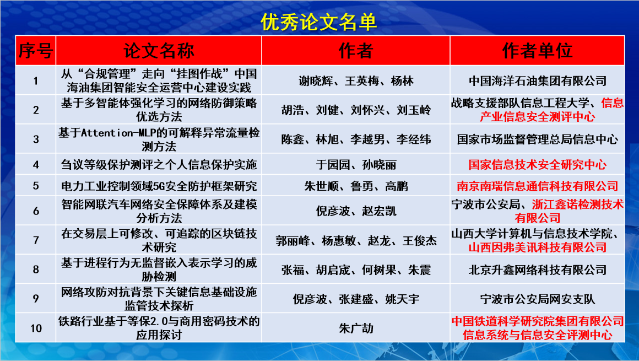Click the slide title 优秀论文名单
point(319,22)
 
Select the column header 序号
point(35,51)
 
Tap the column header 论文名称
point(159,51)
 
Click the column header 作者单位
point(537,51)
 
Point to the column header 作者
point(356,51)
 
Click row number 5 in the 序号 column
point(36,186)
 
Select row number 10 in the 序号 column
point(36,328)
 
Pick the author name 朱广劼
point(356,328)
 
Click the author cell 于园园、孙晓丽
point(356,165)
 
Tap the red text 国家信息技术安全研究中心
point(537,165)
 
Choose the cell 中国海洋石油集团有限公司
point(538,81)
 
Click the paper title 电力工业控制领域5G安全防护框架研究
point(159,186)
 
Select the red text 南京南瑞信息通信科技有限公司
point(537,186)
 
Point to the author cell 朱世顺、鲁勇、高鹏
point(356,186)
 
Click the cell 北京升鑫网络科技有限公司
point(538,270)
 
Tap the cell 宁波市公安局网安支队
point(538,299)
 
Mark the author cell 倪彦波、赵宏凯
point(356,211)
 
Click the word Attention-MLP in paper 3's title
point(118,133)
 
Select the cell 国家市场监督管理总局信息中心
point(538,139)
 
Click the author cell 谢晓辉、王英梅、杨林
point(356,81)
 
